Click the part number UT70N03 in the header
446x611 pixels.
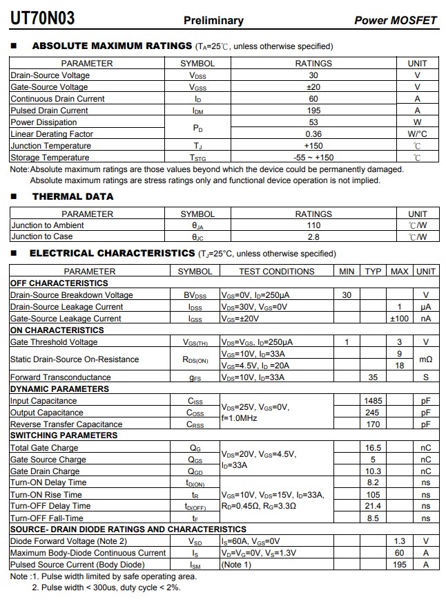(x=42, y=19)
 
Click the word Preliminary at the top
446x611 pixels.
(x=213, y=21)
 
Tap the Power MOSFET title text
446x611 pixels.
(x=396, y=21)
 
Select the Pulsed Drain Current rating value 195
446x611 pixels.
(x=313, y=111)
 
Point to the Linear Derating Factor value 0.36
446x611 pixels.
(x=313, y=134)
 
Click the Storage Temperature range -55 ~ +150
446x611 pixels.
(x=313, y=158)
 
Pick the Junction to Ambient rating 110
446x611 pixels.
(x=313, y=225)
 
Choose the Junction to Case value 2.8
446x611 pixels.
(x=313, y=237)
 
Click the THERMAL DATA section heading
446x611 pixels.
(x=72, y=196)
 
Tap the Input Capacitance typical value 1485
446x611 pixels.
(x=373, y=401)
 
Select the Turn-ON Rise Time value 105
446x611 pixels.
(x=373, y=495)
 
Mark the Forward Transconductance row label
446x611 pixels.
(x=61, y=377)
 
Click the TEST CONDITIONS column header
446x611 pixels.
(x=276, y=272)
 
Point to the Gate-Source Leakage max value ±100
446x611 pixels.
(x=400, y=319)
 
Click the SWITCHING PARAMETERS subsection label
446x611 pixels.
(x=64, y=435)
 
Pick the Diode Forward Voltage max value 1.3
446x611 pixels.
(x=400, y=541)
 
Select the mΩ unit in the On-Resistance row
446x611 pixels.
(x=426, y=359)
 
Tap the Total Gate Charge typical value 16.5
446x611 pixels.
(x=373, y=448)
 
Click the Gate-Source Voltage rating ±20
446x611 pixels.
(x=313, y=87)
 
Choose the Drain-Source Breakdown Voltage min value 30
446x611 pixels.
(x=347, y=295)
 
